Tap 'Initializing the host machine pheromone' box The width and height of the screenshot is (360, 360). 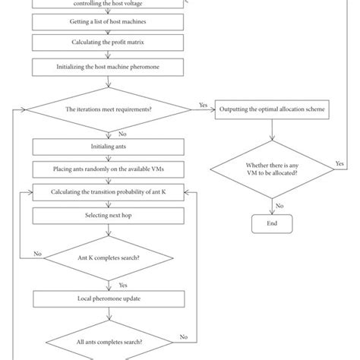click(107, 67)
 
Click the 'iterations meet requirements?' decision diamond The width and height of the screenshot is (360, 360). click(107, 110)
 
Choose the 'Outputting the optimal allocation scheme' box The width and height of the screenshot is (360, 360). click(272, 110)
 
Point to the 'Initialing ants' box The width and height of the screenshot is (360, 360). click(107, 147)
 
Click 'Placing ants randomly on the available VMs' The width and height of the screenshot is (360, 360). click(107, 169)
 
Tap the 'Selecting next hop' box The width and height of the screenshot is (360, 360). click(107, 216)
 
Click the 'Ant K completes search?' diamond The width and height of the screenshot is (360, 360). click(107, 257)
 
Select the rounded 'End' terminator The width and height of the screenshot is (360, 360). click(272, 223)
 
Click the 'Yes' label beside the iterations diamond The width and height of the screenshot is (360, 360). click(203, 105)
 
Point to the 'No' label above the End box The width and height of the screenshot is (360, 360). click(280, 205)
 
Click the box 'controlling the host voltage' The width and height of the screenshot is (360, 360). click(107, 5)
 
